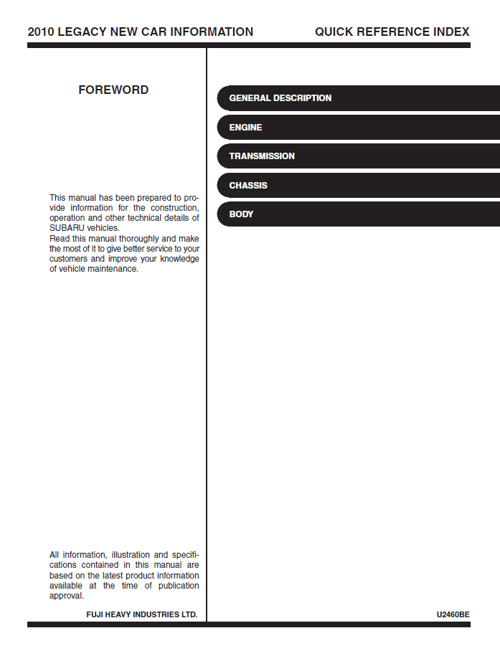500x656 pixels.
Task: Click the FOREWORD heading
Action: [x=113, y=90]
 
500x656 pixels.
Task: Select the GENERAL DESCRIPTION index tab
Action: [x=280, y=98]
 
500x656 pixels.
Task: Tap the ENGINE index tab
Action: [x=245, y=128]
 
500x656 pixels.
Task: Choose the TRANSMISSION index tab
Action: [x=262, y=156]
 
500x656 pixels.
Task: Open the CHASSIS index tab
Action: [x=248, y=186]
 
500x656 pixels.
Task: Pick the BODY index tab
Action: [x=241, y=214]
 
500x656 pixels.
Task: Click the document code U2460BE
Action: [x=453, y=615]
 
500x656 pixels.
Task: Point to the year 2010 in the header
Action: [x=40, y=32]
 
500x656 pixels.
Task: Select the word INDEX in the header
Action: [x=452, y=32]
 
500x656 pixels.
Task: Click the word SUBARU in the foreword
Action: [x=66, y=228]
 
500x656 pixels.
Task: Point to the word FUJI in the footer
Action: [x=95, y=615]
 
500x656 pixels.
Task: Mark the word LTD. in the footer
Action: [x=188, y=615]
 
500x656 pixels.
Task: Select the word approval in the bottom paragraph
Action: [x=66, y=596]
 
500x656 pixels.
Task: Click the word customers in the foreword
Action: [x=68, y=259]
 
